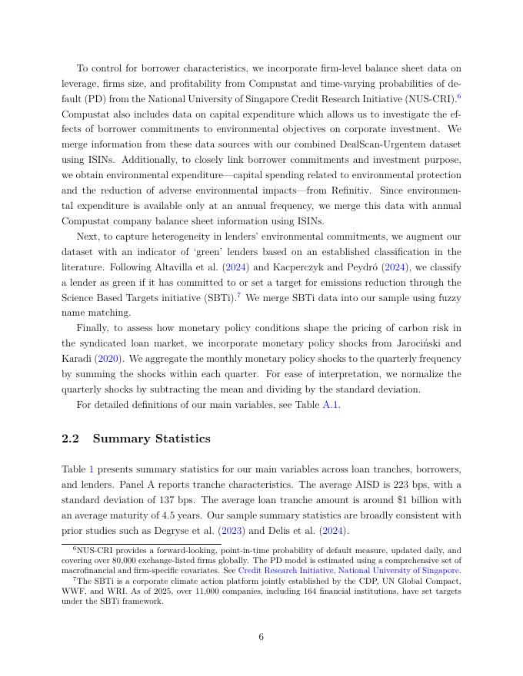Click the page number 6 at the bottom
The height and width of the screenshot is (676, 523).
click(261, 637)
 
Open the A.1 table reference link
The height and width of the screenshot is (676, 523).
click(331, 405)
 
